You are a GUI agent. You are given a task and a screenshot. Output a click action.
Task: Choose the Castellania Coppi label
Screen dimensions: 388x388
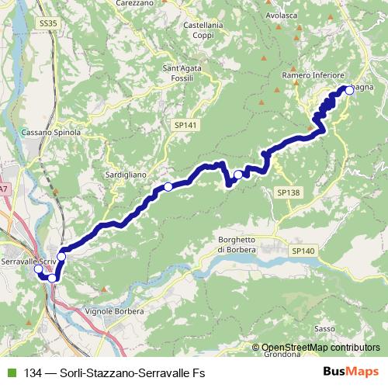203,30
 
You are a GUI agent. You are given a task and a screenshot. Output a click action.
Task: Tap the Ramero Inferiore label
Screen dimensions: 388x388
313,74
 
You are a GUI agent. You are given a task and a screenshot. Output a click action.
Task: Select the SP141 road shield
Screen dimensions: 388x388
185,124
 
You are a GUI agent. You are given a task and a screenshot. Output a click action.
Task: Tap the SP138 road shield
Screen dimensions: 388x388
287,192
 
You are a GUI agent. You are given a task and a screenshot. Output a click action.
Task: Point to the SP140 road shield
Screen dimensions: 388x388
304,251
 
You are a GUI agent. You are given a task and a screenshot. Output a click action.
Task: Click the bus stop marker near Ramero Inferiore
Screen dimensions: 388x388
348,90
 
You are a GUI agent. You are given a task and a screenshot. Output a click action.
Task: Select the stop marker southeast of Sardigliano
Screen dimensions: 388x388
168,187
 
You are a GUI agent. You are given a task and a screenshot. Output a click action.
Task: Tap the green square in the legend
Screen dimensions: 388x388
9,371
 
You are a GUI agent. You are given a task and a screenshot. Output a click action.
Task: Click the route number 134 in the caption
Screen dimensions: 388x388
33,371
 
